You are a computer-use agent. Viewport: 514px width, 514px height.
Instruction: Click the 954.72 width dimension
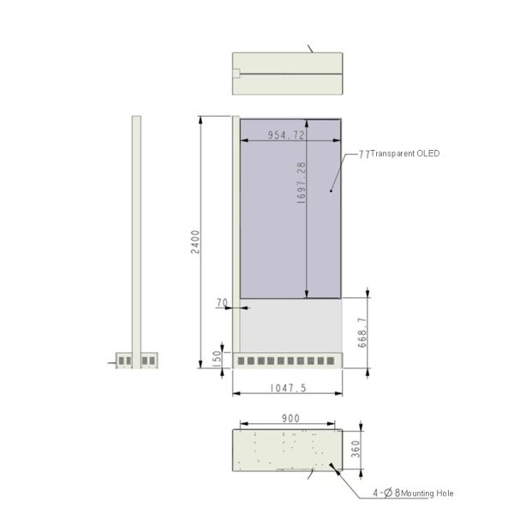pos(286,134)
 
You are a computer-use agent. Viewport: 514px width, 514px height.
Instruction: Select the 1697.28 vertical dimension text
pos(301,182)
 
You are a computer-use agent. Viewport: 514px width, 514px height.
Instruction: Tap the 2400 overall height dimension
pos(195,242)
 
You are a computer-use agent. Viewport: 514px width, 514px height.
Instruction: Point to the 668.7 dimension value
pos(362,332)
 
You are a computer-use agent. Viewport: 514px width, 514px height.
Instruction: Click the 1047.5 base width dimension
pos(288,388)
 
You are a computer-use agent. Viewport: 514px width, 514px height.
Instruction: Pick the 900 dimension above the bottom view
pos(290,418)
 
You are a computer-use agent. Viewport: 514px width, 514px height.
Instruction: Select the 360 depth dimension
pos(356,449)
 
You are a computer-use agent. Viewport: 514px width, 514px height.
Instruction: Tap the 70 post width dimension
pos(222,302)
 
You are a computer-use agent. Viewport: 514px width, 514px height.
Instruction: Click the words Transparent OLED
pos(405,153)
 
